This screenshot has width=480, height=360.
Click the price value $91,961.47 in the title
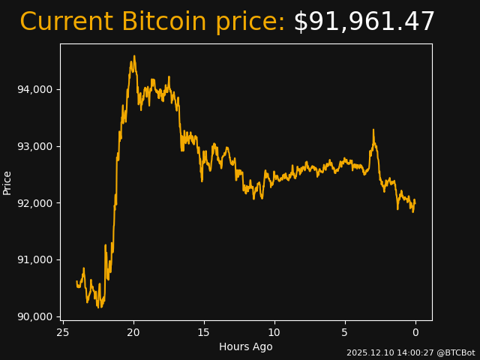point(364,22)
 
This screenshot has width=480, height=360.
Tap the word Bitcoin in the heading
point(163,22)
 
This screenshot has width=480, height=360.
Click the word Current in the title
point(66,22)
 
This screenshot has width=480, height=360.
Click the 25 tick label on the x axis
point(63,332)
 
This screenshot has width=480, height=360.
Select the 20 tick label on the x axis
point(133,332)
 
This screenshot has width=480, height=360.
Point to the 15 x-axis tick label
point(204,332)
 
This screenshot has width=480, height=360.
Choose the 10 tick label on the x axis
point(274,332)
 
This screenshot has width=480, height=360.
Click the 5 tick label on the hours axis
point(345,332)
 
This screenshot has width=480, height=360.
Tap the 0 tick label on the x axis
point(415,332)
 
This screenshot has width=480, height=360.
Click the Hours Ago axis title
point(246,346)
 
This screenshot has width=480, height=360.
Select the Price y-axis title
point(7,182)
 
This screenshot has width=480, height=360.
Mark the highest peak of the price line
point(134,55)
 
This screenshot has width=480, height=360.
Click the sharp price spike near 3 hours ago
point(373,130)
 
